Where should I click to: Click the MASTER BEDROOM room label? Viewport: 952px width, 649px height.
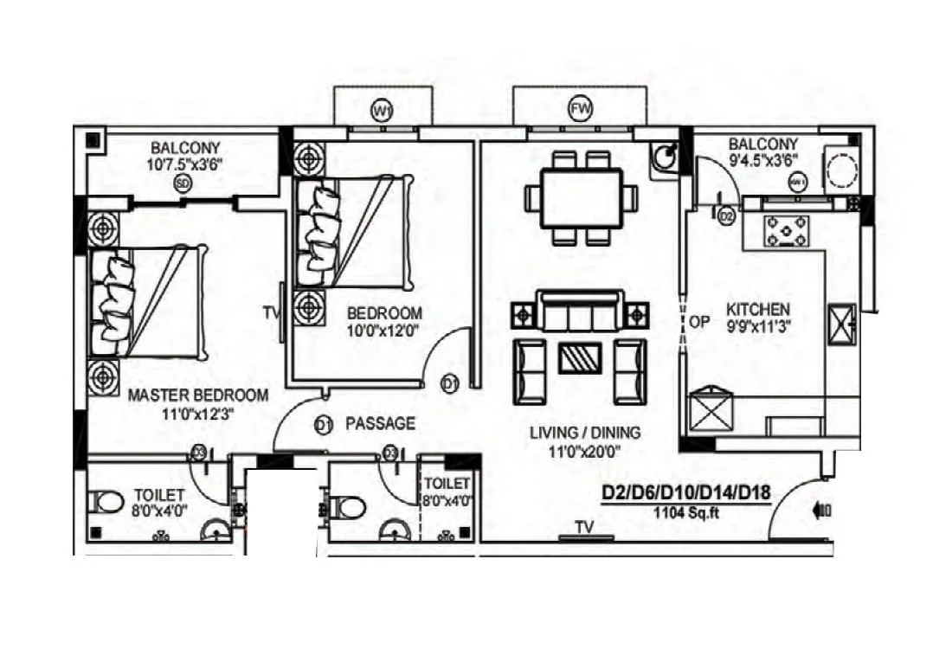click(198, 395)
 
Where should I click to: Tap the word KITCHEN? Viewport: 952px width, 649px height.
click(757, 310)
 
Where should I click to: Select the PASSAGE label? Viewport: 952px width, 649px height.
click(380, 424)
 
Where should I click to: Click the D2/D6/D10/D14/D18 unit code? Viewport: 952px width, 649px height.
click(685, 494)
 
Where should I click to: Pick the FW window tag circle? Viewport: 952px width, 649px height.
click(579, 110)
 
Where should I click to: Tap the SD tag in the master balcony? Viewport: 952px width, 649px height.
click(182, 183)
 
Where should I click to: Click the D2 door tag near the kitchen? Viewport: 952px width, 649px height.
click(726, 215)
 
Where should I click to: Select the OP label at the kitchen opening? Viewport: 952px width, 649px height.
click(699, 323)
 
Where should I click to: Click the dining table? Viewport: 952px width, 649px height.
click(581, 198)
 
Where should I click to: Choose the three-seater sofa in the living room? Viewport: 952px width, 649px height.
click(580, 312)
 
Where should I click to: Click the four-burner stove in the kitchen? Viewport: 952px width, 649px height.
click(786, 232)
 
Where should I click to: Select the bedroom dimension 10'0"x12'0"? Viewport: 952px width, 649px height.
click(384, 330)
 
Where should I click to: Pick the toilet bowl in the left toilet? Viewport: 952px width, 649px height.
click(107, 502)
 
